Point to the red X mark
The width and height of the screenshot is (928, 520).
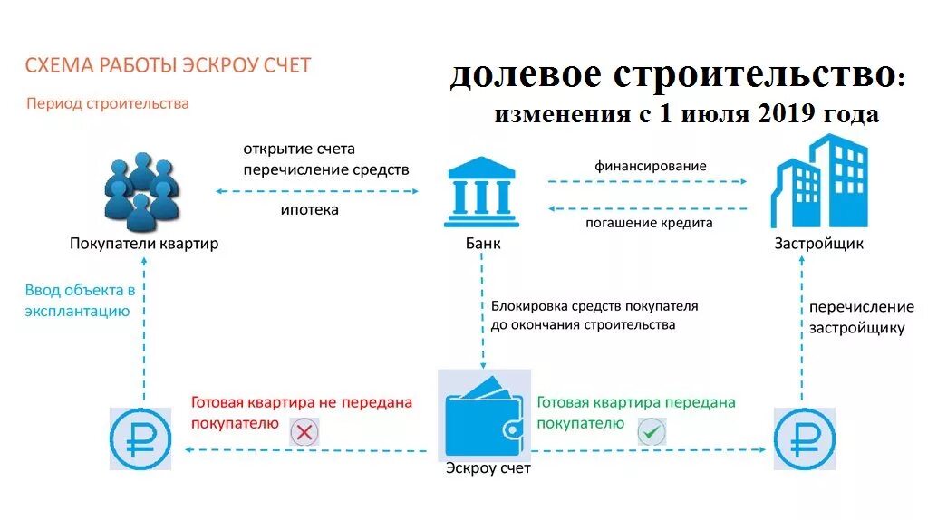pyautogui.click(x=304, y=432)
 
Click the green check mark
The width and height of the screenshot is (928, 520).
pyautogui.click(x=651, y=431)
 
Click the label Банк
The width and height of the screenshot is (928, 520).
pyautogui.click(x=482, y=244)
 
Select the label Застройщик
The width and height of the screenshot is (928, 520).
pyautogui.click(x=818, y=244)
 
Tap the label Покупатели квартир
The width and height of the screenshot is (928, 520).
pyautogui.click(x=144, y=244)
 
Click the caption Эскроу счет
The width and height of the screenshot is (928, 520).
pyautogui.click(x=488, y=468)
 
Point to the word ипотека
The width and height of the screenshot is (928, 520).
pyautogui.click(x=309, y=210)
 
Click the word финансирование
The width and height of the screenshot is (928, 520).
pyautogui.click(x=650, y=166)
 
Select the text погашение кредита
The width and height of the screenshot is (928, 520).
pyautogui.click(x=650, y=223)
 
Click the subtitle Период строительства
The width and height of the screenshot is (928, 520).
pyautogui.click(x=108, y=103)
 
